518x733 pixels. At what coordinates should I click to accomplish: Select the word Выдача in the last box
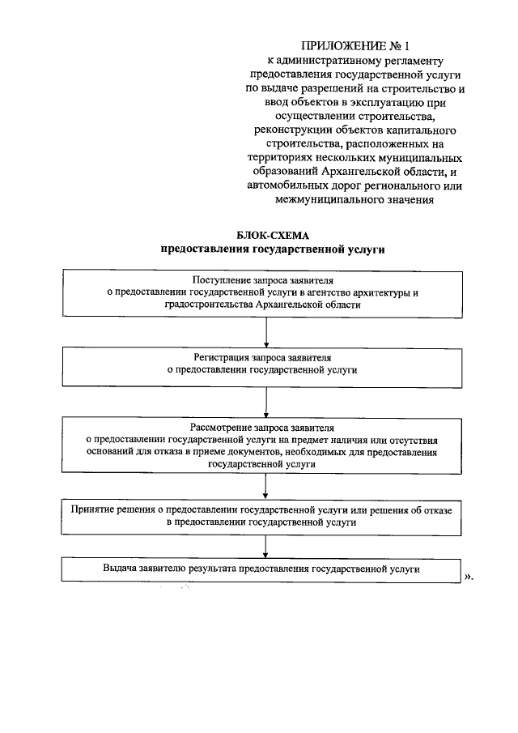click(x=118, y=569)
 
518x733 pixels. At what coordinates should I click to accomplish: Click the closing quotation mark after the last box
click(x=469, y=577)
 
